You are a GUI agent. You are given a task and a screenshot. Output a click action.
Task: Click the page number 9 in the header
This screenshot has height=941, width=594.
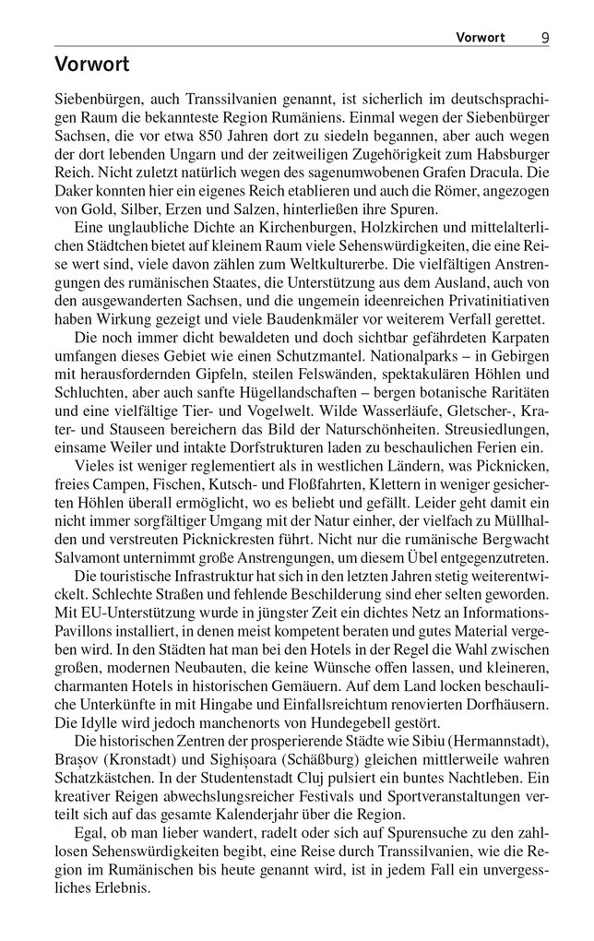click(x=546, y=38)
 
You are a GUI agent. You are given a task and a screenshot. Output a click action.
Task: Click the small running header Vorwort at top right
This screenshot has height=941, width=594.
click(x=481, y=38)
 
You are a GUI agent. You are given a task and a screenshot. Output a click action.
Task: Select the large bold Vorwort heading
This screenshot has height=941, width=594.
click(x=92, y=66)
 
